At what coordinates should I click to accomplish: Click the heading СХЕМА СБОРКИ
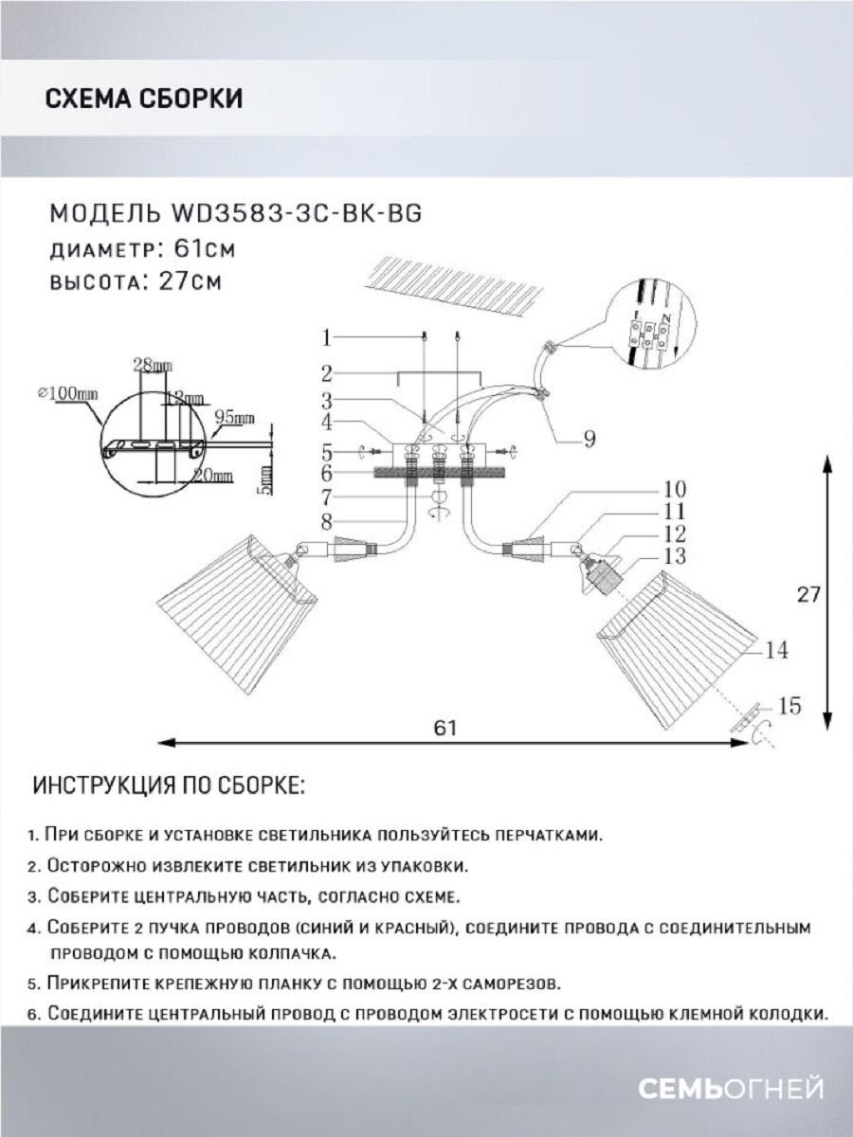tap(143, 99)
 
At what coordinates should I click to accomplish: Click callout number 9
tap(589, 438)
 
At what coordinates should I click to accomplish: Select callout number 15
tap(789, 706)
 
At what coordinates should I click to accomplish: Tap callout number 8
tap(326, 519)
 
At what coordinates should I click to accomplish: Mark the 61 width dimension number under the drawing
tap(445, 728)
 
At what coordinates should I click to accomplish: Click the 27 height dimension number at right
tap(808, 594)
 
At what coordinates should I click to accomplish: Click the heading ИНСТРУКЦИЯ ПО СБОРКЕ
tap(170, 786)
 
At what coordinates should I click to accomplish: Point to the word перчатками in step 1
tap(546, 836)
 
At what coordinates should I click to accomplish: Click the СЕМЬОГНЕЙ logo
tap(730, 1089)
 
